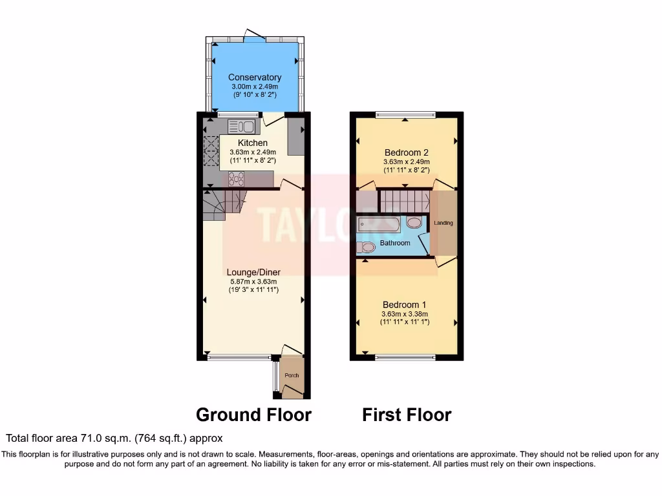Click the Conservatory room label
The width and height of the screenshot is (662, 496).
[x=255, y=77]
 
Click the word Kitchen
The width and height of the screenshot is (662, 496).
[x=253, y=143]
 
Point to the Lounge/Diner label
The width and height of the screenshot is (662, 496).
[x=253, y=272]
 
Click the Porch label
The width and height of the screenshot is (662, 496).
[x=292, y=375]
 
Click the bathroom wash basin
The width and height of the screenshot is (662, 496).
[x=414, y=223]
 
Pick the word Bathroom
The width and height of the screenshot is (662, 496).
[x=394, y=243]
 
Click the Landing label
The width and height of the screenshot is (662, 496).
[x=443, y=223]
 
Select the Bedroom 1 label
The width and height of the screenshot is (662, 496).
[x=404, y=304]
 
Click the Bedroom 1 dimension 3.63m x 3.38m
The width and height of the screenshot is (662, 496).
[x=404, y=313]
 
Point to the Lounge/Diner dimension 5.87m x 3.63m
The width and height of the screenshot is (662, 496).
[x=253, y=281]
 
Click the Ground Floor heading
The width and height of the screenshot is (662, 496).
[x=253, y=414]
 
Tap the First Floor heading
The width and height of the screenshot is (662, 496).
[x=407, y=414]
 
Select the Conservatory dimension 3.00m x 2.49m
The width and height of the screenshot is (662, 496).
[x=255, y=87]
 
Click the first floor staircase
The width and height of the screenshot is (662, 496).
[x=404, y=200]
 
